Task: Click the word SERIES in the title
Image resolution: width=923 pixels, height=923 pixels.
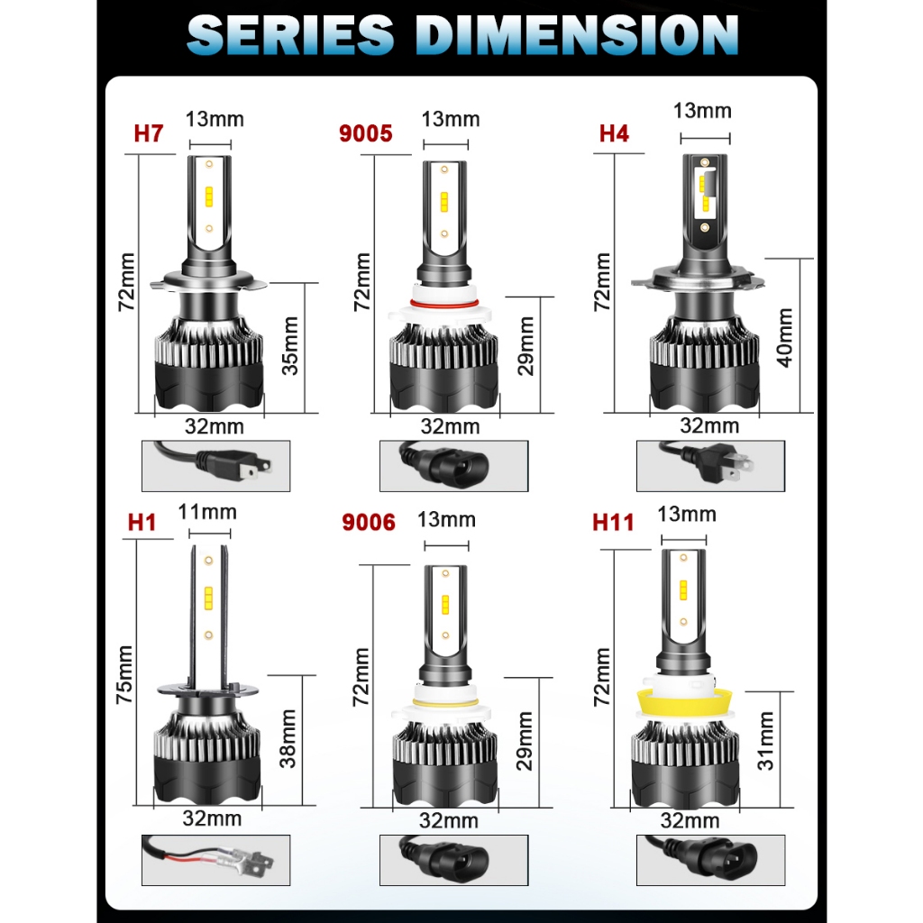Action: point(291,35)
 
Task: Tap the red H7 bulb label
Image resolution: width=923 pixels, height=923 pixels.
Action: point(149,133)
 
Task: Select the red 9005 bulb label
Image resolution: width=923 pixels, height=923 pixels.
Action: point(365,133)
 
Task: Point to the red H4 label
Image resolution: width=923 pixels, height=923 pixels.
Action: point(614,133)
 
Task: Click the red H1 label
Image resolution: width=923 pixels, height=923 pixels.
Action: point(142,522)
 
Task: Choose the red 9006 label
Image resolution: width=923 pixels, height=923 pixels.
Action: point(368,522)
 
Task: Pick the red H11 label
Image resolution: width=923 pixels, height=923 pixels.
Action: point(613,522)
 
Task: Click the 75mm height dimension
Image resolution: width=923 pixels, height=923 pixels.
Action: point(124,674)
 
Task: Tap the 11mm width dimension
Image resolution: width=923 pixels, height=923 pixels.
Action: point(207,513)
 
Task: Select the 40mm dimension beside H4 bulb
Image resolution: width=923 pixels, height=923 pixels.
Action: point(784,337)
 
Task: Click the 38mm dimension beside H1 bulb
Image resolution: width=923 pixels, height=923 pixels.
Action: point(288,738)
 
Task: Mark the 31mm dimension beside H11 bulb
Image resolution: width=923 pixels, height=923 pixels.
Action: point(766,741)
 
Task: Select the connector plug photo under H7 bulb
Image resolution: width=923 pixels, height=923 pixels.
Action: point(216,465)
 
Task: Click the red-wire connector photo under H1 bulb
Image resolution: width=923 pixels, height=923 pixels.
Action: point(216,861)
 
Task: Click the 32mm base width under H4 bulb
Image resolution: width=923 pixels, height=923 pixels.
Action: point(709,425)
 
